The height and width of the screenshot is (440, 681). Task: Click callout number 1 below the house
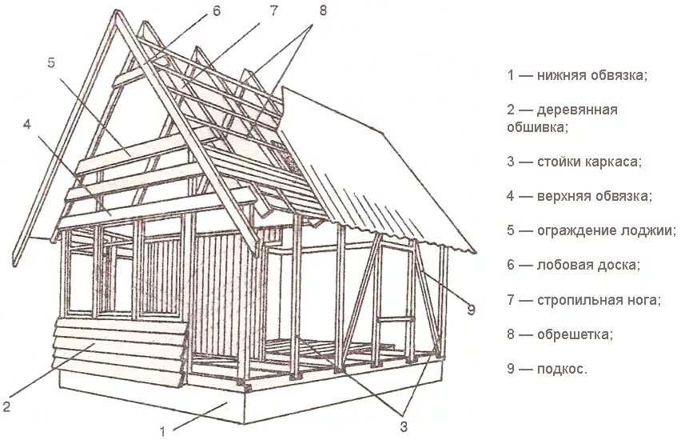(165, 432)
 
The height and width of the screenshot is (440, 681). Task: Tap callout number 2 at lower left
(6, 407)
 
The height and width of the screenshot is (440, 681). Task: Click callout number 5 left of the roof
(50, 62)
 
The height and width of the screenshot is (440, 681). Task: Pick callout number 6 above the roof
(216, 10)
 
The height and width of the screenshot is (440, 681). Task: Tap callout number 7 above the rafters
(273, 10)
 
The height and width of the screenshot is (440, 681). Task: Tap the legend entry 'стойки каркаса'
(589, 162)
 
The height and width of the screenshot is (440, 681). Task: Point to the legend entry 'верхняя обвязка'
(595, 196)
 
